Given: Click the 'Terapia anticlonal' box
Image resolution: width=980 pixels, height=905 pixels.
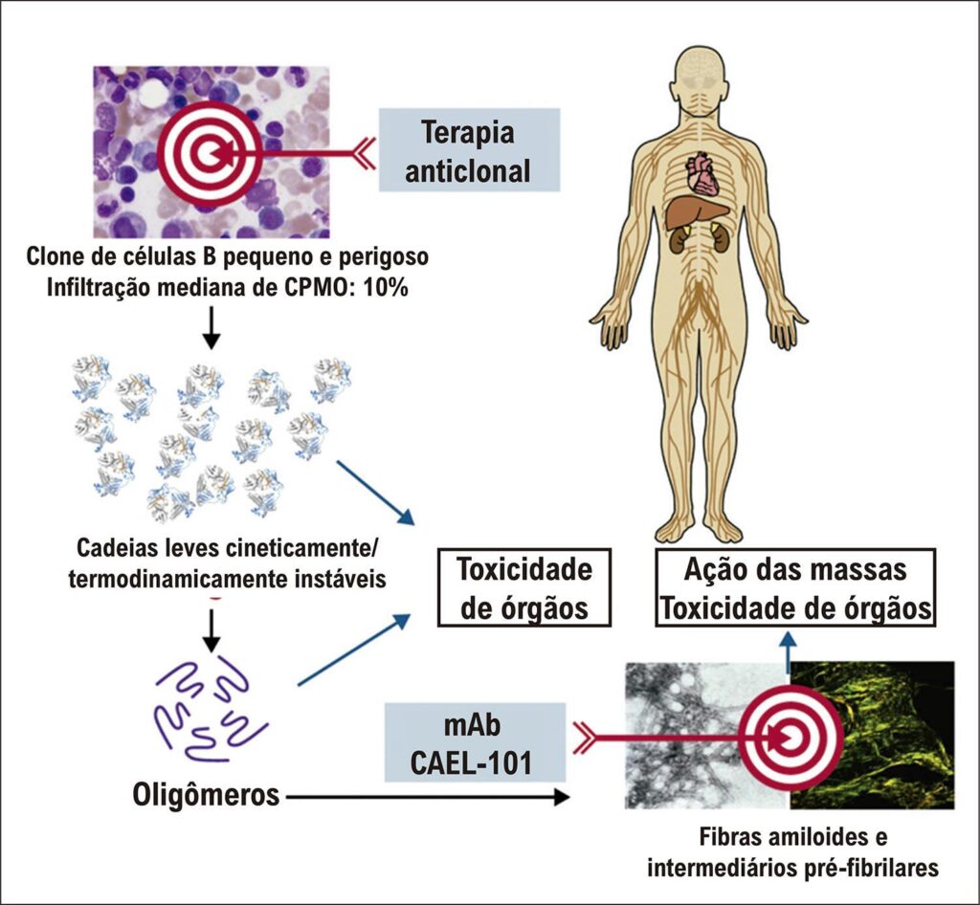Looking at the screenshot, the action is tap(469, 150).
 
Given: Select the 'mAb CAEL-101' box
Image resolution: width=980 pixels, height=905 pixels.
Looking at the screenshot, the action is tap(475, 742).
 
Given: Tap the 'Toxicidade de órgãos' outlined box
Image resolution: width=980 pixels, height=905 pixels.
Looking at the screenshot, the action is tap(523, 587).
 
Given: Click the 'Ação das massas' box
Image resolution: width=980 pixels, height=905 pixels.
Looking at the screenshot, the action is tap(795, 587).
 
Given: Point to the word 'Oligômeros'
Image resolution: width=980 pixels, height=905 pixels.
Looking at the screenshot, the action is tap(206, 794).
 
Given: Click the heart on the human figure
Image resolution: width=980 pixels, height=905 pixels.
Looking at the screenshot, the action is tap(705, 173).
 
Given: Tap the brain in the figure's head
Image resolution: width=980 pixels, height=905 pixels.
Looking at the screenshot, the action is tap(703, 75).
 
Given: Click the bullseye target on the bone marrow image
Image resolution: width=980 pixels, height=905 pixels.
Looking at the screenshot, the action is tap(210, 154).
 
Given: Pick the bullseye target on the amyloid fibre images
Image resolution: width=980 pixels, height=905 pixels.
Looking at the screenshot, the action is tap(791, 738).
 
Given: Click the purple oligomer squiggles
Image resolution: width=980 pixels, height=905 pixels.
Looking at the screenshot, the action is tap(210, 707).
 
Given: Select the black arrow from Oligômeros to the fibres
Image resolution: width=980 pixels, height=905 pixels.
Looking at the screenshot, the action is tap(428, 797).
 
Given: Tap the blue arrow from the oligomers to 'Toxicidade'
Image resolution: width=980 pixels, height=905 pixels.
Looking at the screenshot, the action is tap(354, 650).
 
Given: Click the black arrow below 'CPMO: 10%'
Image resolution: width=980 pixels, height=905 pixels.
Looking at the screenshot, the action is tap(212, 327).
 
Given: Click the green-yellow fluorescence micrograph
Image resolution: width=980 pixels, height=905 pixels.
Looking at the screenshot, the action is tap(873, 735).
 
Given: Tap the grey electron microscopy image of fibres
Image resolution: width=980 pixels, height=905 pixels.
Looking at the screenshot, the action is tap(707, 735).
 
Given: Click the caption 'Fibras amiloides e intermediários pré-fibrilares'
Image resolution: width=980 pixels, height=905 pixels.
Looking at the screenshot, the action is tap(792, 852).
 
